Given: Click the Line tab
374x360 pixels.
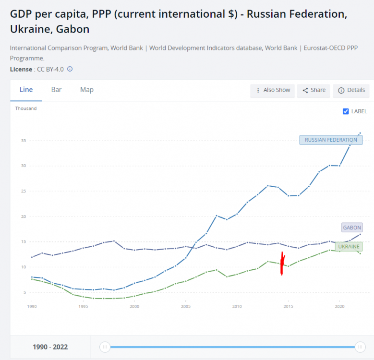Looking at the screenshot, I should coord(26,90).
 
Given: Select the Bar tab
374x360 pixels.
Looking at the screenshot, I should coord(56,90).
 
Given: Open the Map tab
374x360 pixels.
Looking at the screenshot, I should coord(87,90).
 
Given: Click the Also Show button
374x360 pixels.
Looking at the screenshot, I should coord(273,90).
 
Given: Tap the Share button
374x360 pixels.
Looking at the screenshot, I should coord(314,90).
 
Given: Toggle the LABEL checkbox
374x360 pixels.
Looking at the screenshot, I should coord(346,111).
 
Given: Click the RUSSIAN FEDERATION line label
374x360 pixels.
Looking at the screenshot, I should coord(331,140).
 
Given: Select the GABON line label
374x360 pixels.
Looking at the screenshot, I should coord(352,228).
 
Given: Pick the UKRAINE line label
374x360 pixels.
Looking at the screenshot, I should coord(349,247).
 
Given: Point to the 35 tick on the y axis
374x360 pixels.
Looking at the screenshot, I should coord(23,141).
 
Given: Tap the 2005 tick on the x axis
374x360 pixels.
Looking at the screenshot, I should coord(185,306).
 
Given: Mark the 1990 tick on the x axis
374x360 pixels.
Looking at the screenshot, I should coord(32,306).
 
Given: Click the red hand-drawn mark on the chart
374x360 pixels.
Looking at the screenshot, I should coord(282,264).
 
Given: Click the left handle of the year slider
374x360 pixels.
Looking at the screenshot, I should coord(105,347).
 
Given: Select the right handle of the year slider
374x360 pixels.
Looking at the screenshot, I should coord(360,347).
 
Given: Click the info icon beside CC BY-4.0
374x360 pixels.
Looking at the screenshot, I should coord(70,69).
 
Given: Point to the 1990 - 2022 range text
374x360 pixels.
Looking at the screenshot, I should coord(50,347).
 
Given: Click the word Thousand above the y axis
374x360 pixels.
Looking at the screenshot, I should coord(26,108).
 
